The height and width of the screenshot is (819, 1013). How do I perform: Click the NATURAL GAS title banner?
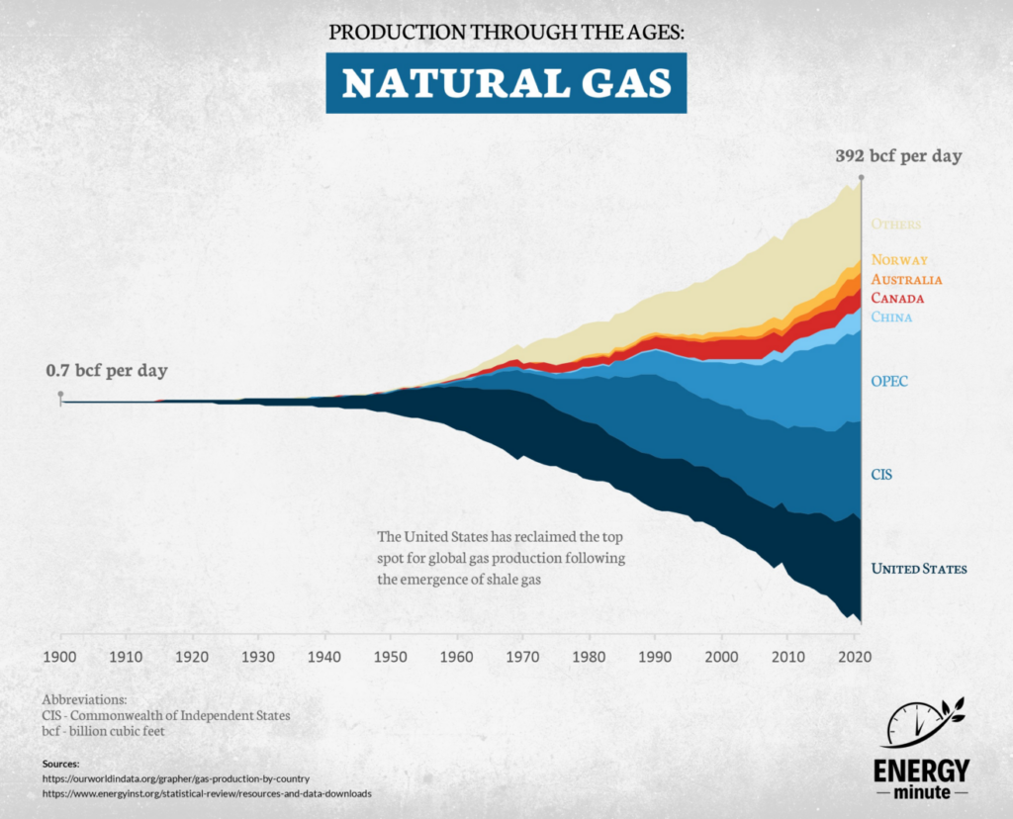click(x=506, y=84)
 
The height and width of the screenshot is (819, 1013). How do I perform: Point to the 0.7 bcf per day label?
click(x=107, y=371)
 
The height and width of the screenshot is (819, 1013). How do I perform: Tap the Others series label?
click(x=895, y=225)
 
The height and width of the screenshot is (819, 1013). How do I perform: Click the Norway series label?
click(x=899, y=260)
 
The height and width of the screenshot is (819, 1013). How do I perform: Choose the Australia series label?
click(x=906, y=280)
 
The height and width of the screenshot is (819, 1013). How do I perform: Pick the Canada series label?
click(x=897, y=298)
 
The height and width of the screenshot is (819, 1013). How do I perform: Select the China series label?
click(x=891, y=318)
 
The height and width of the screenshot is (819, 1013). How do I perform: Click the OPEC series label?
click(x=889, y=381)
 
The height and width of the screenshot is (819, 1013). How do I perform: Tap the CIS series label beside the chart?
click(x=881, y=475)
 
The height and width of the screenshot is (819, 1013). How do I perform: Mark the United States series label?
click(x=919, y=569)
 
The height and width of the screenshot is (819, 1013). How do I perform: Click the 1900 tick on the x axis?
click(x=59, y=656)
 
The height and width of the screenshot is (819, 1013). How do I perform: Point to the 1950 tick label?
click(x=391, y=656)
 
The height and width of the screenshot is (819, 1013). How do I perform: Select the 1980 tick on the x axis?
click(x=590, y=656)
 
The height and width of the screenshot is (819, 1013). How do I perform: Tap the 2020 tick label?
click(x=855, y=656)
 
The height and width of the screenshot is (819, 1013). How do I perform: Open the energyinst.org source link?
click(x=208, y=793)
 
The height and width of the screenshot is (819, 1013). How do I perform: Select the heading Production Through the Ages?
click(x=506, y=32)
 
